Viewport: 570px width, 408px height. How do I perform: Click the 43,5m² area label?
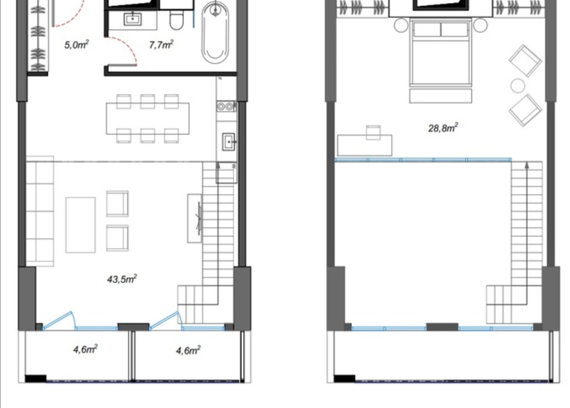(122, 279)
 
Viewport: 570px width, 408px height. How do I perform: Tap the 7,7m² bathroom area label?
(161, 45)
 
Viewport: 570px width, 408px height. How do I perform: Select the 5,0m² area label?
(76, 45)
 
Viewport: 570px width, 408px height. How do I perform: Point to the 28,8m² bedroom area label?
(443, 128)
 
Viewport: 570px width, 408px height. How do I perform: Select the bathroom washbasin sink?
(133, 18)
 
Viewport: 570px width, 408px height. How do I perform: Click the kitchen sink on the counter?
(229, 142)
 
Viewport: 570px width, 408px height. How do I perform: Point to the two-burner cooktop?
(226, 106)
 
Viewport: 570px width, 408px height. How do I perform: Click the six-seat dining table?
(148, 118)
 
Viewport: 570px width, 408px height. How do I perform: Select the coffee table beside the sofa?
(80, 225)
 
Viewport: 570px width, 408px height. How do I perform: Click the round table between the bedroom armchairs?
(517, 86)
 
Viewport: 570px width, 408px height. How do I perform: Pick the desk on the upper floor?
(365, 146)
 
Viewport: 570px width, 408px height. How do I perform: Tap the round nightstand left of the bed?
(402, 25)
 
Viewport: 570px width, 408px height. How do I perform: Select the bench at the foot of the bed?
(441, 96)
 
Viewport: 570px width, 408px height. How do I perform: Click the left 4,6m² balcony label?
(85, 350)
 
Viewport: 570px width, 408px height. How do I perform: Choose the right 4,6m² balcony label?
(188, 350)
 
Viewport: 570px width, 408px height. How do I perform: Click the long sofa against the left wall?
(40, 212)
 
